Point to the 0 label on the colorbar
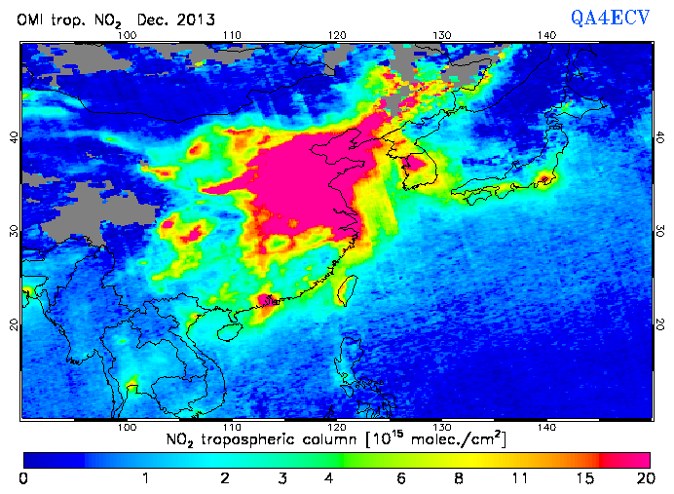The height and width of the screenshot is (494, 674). (23, 477)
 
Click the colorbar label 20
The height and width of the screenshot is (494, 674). (644, 477)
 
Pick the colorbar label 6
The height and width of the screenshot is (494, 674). (400, 477)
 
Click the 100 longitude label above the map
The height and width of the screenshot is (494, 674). (126, 35)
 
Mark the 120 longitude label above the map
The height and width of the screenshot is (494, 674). (336, 35)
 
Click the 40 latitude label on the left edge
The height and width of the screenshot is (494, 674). (14, 137)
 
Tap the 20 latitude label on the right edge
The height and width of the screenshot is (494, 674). (660, 323)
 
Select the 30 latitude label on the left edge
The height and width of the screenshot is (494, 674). (14, 231)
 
